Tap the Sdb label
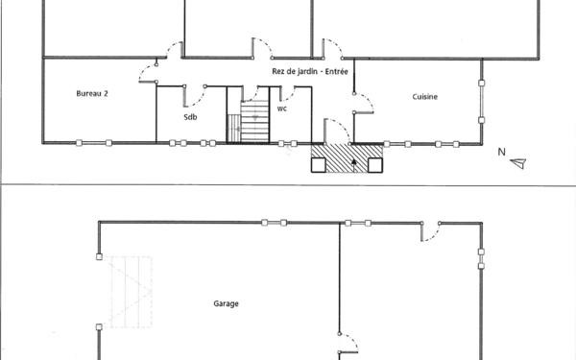pos(190,117)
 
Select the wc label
pos(282,108)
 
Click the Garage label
pos(226,304)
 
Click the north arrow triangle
pos(518,163)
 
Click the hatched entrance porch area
pos(346,156)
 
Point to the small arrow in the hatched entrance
pos(356,163)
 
